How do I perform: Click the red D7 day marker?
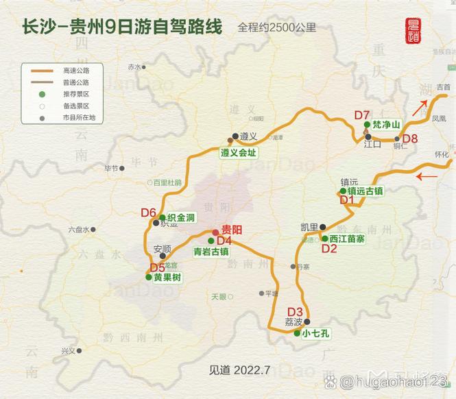[x=362, y=114]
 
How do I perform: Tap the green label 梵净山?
[x=385, y=125]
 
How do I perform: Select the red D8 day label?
[x=410, y=139]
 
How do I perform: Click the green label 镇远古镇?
[x=365, y=191]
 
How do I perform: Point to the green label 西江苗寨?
[x=347, y=239]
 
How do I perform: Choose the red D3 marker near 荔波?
[x=295, y=311]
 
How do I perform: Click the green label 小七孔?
[x=315, y=334]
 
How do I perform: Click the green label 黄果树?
[x=167, y=277]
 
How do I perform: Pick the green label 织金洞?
[x=181, y=217]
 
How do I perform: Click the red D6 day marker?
[x=149, y=213]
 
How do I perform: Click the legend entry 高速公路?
[x=76, y=70]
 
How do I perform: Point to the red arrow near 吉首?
[x=420, y=107]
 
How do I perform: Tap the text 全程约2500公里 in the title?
[x=277, y=28]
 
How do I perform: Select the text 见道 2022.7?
[x=240, y=370]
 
